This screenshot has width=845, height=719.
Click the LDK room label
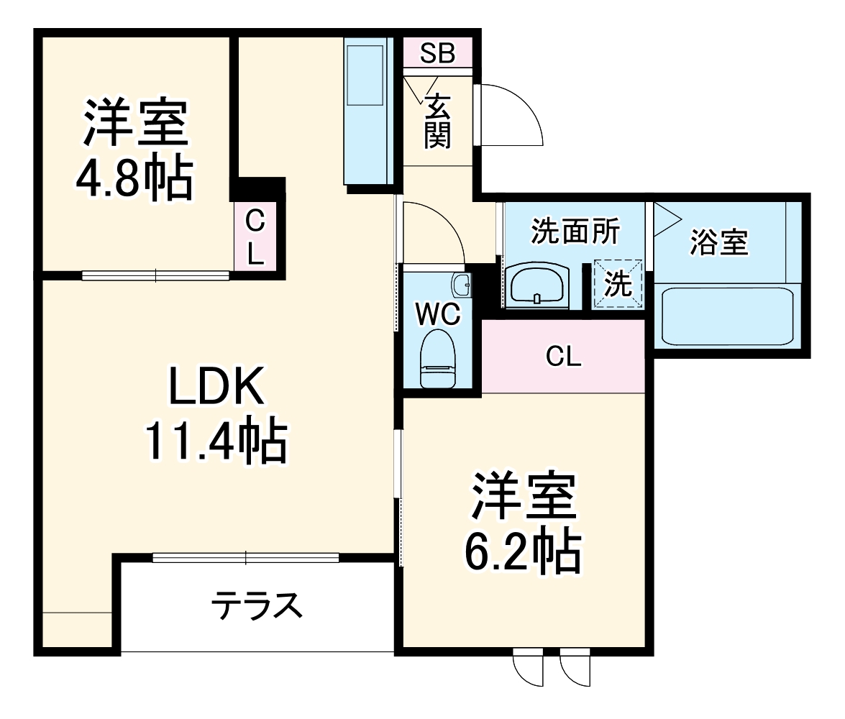[216, 389]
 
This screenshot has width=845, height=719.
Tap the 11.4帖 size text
[216, 440]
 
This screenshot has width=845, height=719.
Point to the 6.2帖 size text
[523, 550]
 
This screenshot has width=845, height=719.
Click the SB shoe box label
[437, 52]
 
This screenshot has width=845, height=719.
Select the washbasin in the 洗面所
[537, 285]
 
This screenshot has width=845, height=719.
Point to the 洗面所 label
[575, 232]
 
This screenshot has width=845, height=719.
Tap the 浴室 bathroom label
[719, 242]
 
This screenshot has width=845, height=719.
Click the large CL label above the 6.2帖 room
[563, 357]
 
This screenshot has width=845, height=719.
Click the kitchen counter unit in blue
[366, 111]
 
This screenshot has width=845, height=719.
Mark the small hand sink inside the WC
[461, 284]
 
